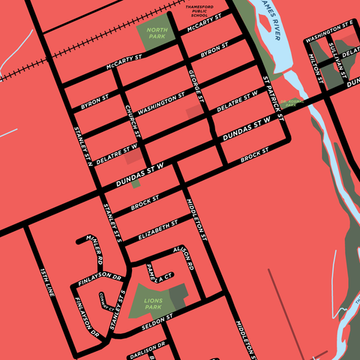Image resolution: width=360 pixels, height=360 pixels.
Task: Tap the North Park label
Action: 157,32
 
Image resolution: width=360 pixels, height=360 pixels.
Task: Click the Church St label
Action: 132,118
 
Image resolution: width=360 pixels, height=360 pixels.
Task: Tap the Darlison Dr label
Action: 146,350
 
